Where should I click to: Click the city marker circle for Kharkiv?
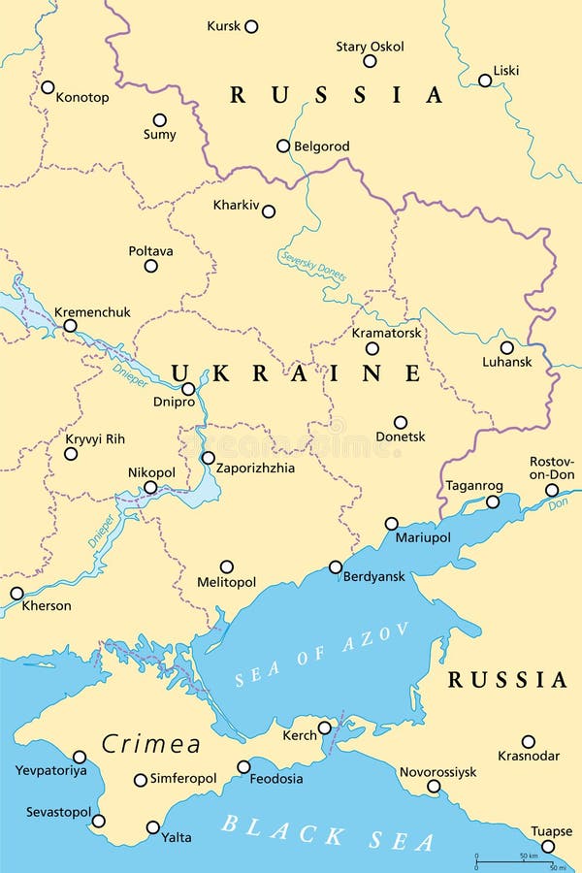click(269, 211)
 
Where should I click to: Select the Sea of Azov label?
click(323, 657)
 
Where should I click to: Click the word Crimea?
click(151, 744)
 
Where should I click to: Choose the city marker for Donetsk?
click(400, 422)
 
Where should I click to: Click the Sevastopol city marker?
click(98, 821)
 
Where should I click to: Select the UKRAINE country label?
click(297, 373)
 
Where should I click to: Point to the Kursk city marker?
click(251, 27)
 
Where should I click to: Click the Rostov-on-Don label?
click(552, 468)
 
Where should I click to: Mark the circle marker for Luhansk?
click(506, 347)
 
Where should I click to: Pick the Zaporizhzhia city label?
click(256, 468)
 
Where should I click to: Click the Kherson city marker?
click(16, 593)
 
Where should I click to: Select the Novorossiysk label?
click(438, 772)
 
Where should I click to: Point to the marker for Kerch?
click(325, 727)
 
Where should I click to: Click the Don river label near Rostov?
click(557, 504)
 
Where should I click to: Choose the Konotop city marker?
click(48, 87)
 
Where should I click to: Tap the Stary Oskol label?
click(370, 47)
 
